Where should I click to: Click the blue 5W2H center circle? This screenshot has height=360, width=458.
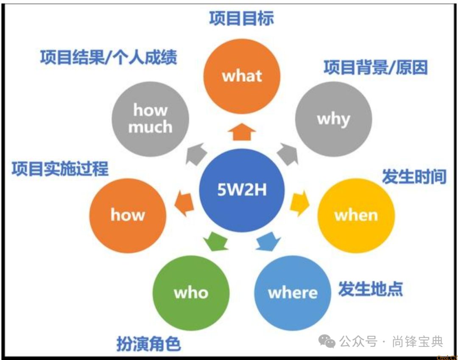point(242,190)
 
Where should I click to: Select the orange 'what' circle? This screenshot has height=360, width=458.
point(242,76)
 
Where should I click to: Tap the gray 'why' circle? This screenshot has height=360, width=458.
point(333,119)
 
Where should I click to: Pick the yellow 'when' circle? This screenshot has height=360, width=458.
point(356,215)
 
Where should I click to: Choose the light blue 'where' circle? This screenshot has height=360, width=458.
point(293,292)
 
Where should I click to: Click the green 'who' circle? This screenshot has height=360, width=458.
point(191,292)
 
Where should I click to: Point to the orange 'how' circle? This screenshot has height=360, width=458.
point(128,215)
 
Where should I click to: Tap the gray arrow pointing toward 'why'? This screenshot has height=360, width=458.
point(288,153)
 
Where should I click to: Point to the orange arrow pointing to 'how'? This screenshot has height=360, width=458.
point(184,203)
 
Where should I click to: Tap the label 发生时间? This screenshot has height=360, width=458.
point(414,176)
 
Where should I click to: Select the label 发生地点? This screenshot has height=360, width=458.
point(370,289)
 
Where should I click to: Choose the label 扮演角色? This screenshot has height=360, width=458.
point(148,344)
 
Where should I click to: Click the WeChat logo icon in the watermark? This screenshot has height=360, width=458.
point(327,341)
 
